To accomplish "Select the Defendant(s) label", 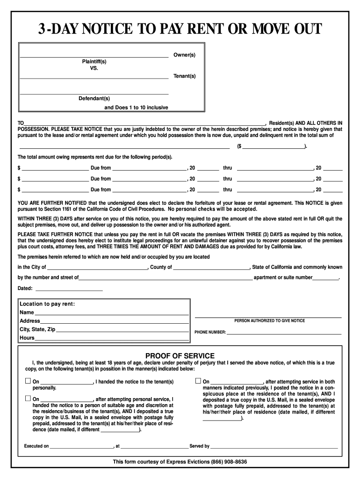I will click(x=94, y=98).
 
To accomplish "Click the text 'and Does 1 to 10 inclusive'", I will click(x=136, y=108).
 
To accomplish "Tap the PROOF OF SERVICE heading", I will click(x=180, y=356).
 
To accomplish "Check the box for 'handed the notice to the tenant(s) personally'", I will click(x=28, y=381).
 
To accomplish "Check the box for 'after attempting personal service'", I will click(x=28, y=399).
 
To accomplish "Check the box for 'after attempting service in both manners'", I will click(x=198, y=381).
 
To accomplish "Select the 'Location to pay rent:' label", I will click(x=47, y=304).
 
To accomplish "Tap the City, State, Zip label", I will click(x=37, y=329).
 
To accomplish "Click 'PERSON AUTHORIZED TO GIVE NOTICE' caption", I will click(x=269, y=321).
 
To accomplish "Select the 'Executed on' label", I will click(x=36, y=446).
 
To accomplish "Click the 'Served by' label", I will click(x=199, y=446).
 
